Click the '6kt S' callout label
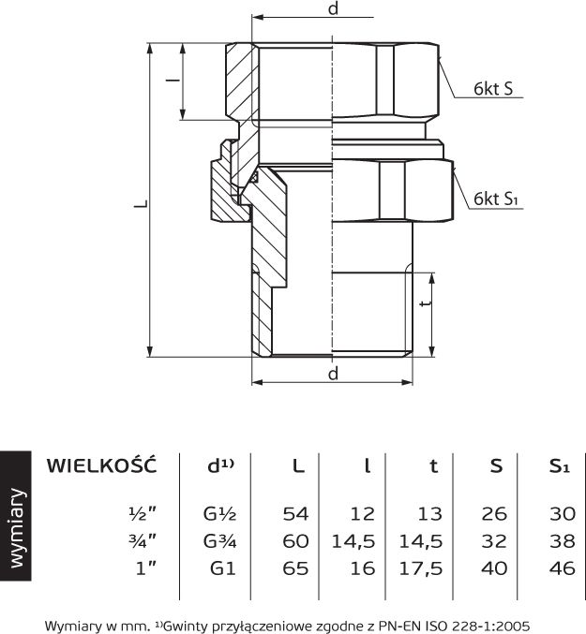click(493, 89)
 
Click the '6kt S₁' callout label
click(496, 199)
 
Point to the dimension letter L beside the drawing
click(142, 203)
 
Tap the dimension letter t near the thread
click(425, 303)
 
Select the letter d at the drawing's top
click(333, 7)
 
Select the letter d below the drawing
click(333, 374)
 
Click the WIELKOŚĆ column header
click(101, 464)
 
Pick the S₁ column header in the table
click(560, 466)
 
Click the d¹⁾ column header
click(220, 465)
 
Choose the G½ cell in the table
click(219, 514)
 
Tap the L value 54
click(296, 514)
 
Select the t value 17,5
click(421, 568)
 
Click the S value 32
click(494, 541)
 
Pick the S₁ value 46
click(563, 568)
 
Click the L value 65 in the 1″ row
click(296, 568)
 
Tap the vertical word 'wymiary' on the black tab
click(17, 528)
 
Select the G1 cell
click(223, 568)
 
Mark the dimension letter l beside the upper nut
click(173, 80)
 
